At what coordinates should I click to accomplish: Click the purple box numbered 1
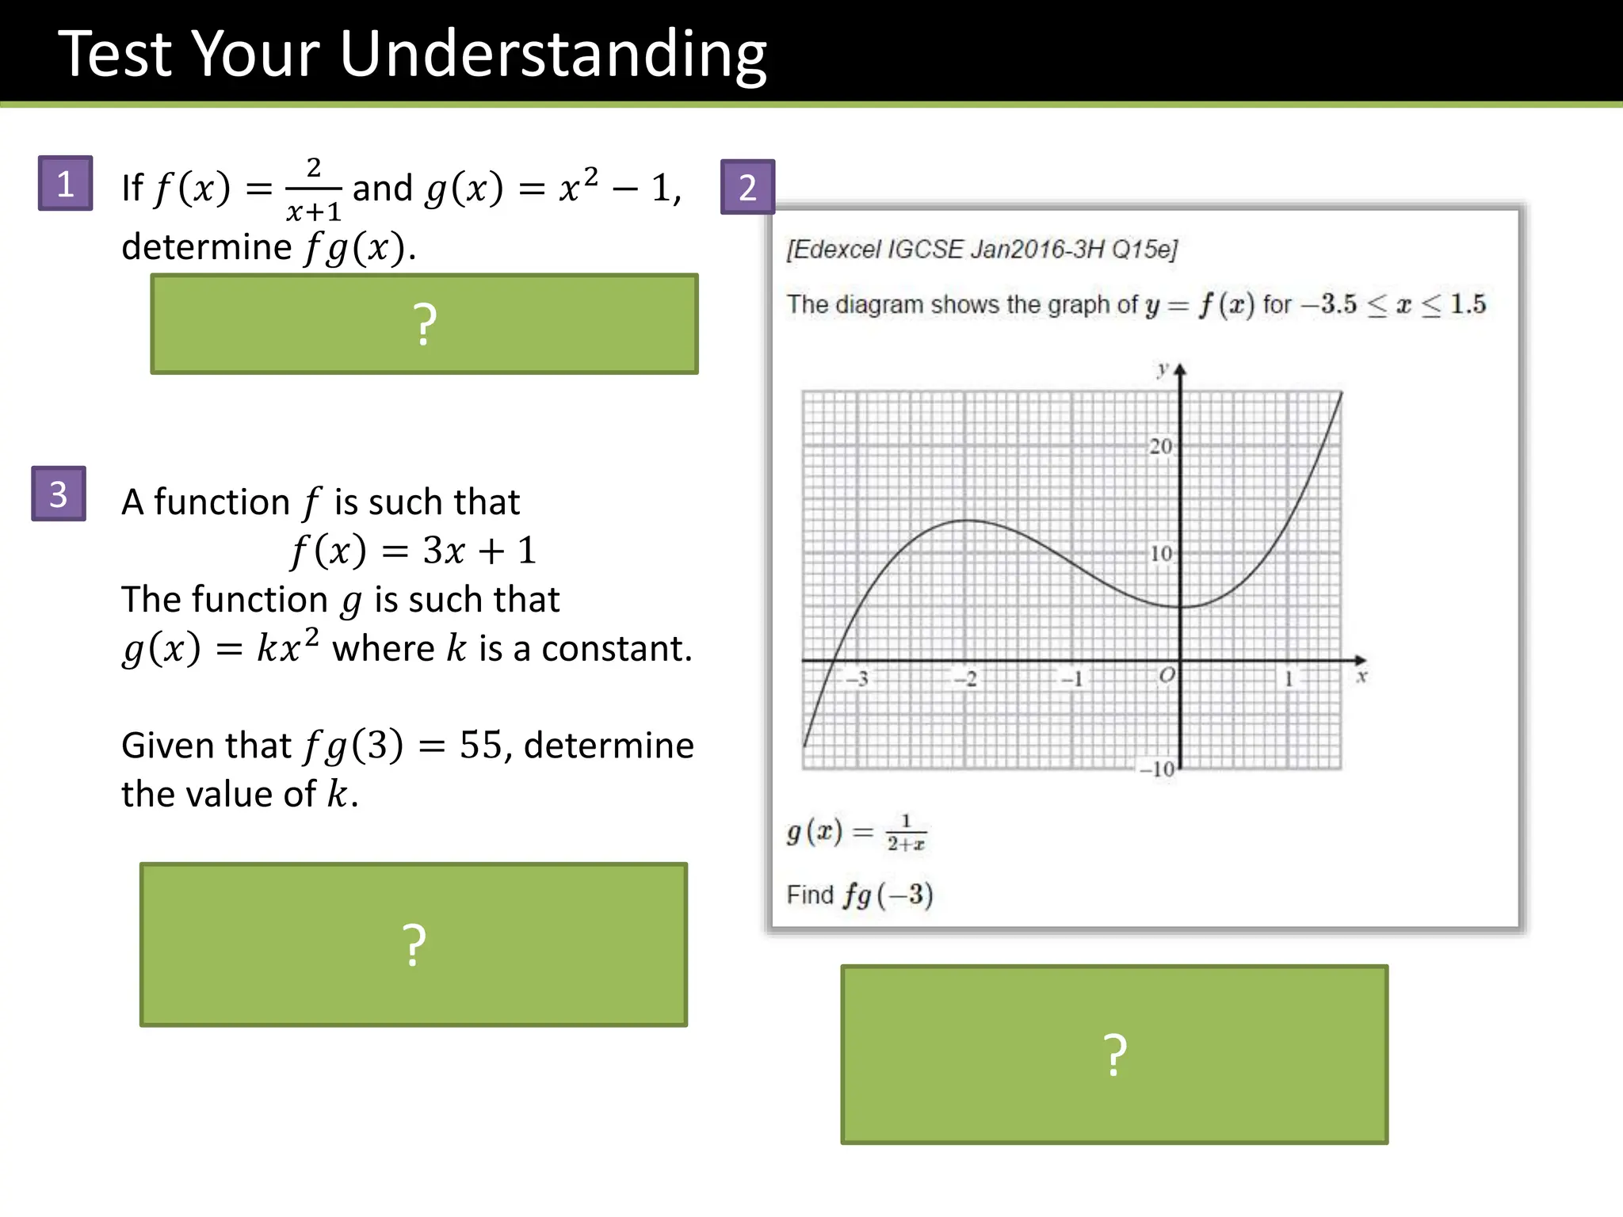[x=65, y=184]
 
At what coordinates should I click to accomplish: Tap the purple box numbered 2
[x=747, y=188]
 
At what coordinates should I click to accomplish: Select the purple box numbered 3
[x=59, y=494]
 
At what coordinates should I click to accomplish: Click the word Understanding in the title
[x=552, y=55]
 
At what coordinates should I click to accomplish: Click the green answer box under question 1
[x=425, y=324]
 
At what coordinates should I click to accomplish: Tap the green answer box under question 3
[x=414, y=944]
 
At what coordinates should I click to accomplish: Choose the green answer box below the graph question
[x=1114, y=1055]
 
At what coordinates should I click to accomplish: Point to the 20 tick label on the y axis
[x=1160, y=447]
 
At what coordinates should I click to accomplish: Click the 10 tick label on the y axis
[x=1161, y=554]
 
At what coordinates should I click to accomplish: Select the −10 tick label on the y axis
[x=1157, y=769]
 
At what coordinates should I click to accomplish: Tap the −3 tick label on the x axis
[x=857, y=679]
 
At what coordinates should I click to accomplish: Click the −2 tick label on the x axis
[x=965, y=679]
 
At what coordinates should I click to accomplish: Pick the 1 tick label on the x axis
[x=1289, y=679]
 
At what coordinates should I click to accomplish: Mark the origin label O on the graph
[x=1167, y=676]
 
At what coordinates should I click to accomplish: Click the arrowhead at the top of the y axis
[x=1180, y=369]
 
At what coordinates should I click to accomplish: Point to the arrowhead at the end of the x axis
[x=1361, y=660]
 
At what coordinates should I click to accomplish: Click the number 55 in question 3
[x=481, y=745]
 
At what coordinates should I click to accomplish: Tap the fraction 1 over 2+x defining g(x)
[x=906, y=833]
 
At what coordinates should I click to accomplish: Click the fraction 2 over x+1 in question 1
[x=314, y=189]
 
